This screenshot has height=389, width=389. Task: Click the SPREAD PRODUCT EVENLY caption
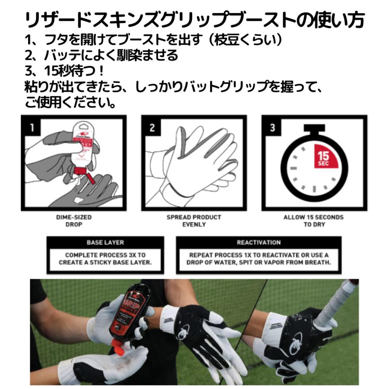click(x=194, y=221)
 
